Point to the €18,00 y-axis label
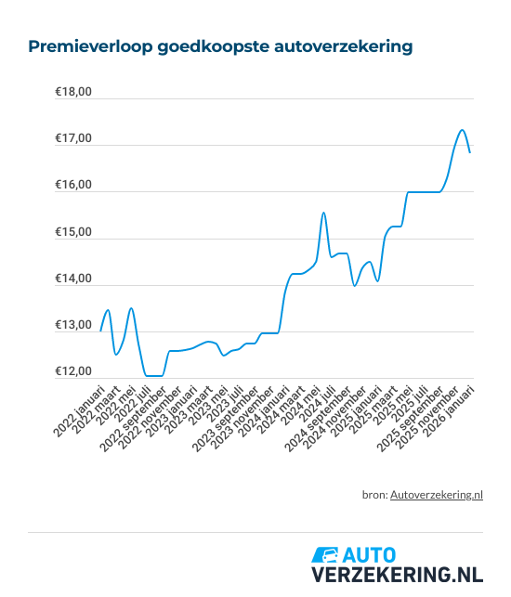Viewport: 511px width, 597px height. (x=72, y=92)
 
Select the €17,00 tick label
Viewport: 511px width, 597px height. (x=72, y=138)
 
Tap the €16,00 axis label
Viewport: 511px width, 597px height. (x=72, y=186)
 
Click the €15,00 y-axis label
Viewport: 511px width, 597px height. (x=72, y=232)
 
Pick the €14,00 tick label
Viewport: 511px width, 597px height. (x=72, y=279)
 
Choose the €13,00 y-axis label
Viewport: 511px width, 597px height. (x=72, y=326)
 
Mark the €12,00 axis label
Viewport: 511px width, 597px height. (x=72, y=372)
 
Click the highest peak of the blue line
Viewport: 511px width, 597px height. (x=462, y=130)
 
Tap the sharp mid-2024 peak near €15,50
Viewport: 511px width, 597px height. (x=323, y=213)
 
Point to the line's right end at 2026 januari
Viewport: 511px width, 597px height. (x=470, y=152)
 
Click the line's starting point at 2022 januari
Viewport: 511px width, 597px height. (x=100, y=331)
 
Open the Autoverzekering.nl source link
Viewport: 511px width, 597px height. (x=437, y=495)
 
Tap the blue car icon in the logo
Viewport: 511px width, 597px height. (x=326, y=554)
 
